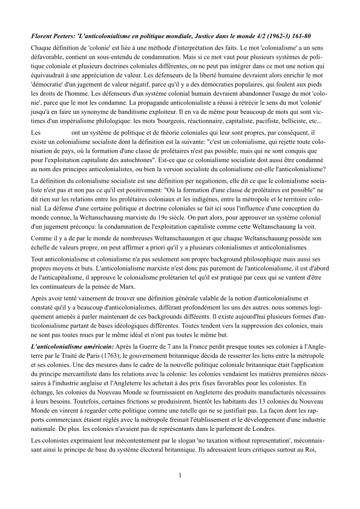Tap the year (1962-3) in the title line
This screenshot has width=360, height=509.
click(x=289, y=38)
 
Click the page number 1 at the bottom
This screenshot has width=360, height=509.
click(x=180, y=475)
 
